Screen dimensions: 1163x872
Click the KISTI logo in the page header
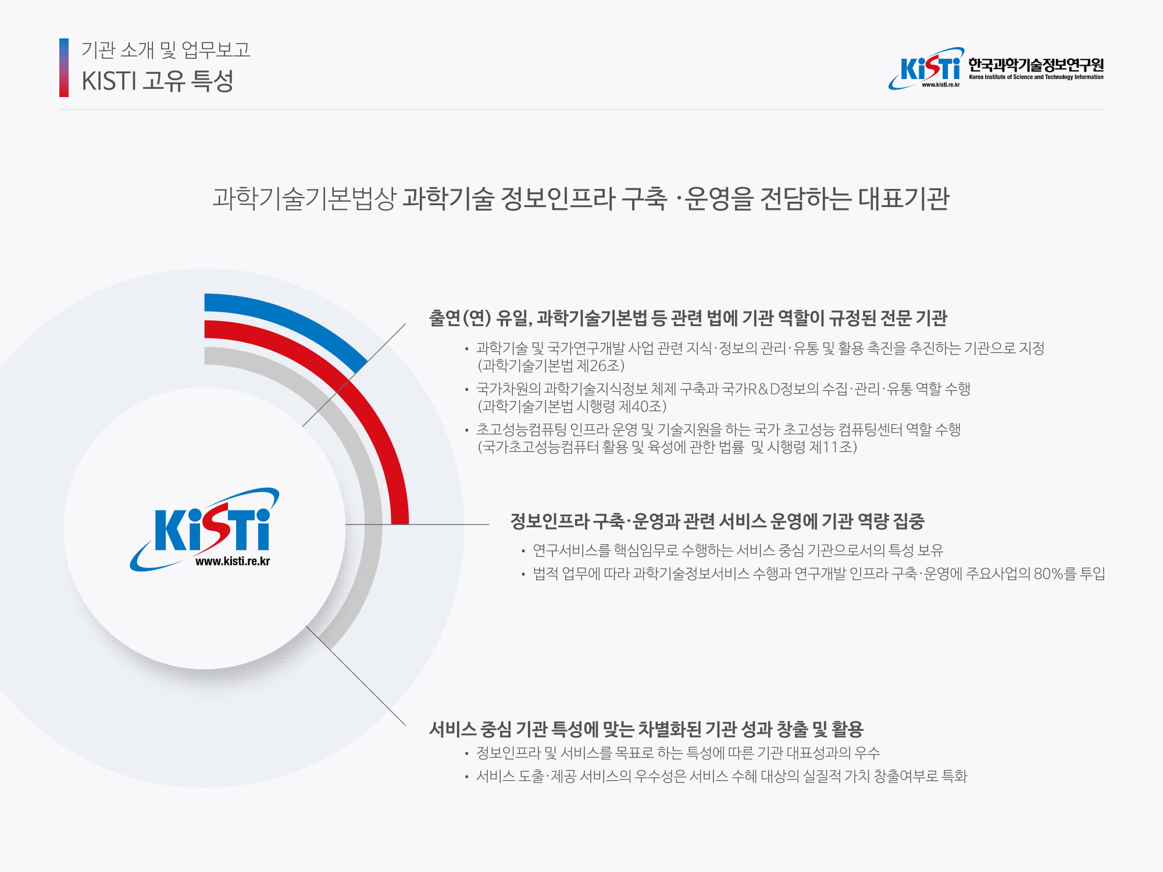[x=926, y=69]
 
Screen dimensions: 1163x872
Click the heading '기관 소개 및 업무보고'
[x=166, y=50]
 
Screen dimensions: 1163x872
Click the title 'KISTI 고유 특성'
[x=158, y=81]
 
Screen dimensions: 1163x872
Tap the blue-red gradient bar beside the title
[x=64, y=67]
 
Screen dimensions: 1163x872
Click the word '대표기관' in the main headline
[x=904, y=198]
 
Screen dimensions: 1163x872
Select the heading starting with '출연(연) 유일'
[x=688, y=318]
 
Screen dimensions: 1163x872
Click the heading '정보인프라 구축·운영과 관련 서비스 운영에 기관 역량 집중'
[x=717, y=521]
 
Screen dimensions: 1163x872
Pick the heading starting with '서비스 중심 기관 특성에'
[x=646, y=728]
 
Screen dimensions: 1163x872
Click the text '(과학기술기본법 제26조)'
[x=551, y=366]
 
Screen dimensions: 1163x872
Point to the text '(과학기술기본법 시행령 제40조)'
[x=572, y=406]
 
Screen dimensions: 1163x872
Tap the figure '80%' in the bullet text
[x=1048, y=574]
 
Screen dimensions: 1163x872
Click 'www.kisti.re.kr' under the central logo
[x=233, y=562]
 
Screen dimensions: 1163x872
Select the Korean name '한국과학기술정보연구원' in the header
[x=1036, y=65]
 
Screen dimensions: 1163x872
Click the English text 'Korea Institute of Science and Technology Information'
[x=1036, y=77]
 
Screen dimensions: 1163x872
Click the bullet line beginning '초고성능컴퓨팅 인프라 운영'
[x=718, y=430]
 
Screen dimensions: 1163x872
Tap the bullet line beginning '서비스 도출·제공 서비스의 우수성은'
[x=721, y=776]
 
